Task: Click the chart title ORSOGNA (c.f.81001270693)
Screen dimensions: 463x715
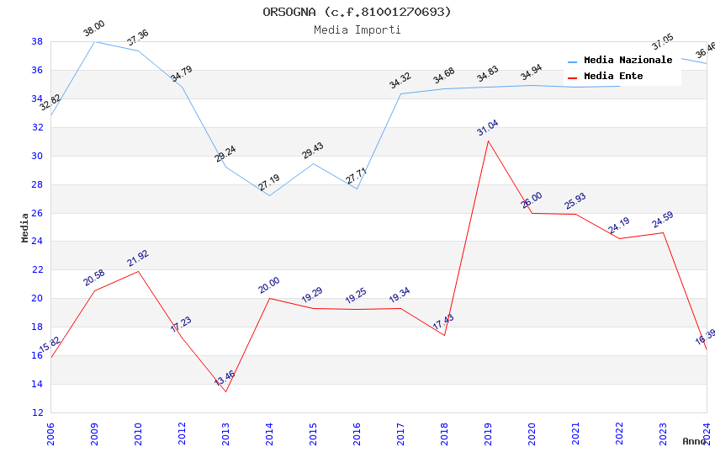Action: point(357,12)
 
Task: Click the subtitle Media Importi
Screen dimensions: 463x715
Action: point(357,29)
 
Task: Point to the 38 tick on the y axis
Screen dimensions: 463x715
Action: point(37,41)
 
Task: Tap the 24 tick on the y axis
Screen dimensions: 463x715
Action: point(37,242)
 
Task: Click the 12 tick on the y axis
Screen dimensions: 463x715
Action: point(37,412)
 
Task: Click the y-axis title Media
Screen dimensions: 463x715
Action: point(25,227)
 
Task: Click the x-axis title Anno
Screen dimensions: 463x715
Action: point(694,441)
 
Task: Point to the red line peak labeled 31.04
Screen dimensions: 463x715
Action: point(488,141)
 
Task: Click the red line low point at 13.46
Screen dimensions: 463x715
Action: point(225,391)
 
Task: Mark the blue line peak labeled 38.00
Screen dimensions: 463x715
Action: point(94,41)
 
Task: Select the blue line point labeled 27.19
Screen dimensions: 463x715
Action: point(269,195)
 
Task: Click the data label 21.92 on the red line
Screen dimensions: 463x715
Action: point(138,258)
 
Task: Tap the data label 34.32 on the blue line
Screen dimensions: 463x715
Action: point(400,81)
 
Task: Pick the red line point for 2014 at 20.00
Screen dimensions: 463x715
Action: point(269,298)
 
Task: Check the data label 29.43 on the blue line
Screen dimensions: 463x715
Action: point(313,151)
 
